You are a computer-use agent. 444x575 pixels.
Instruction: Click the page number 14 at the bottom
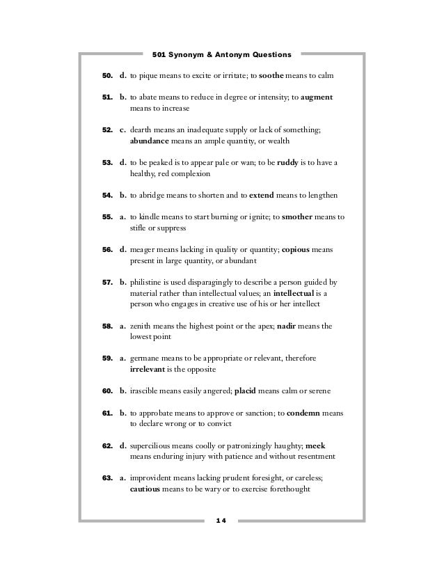(222, 520)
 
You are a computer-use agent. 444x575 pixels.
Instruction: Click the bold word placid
(245, 390)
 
